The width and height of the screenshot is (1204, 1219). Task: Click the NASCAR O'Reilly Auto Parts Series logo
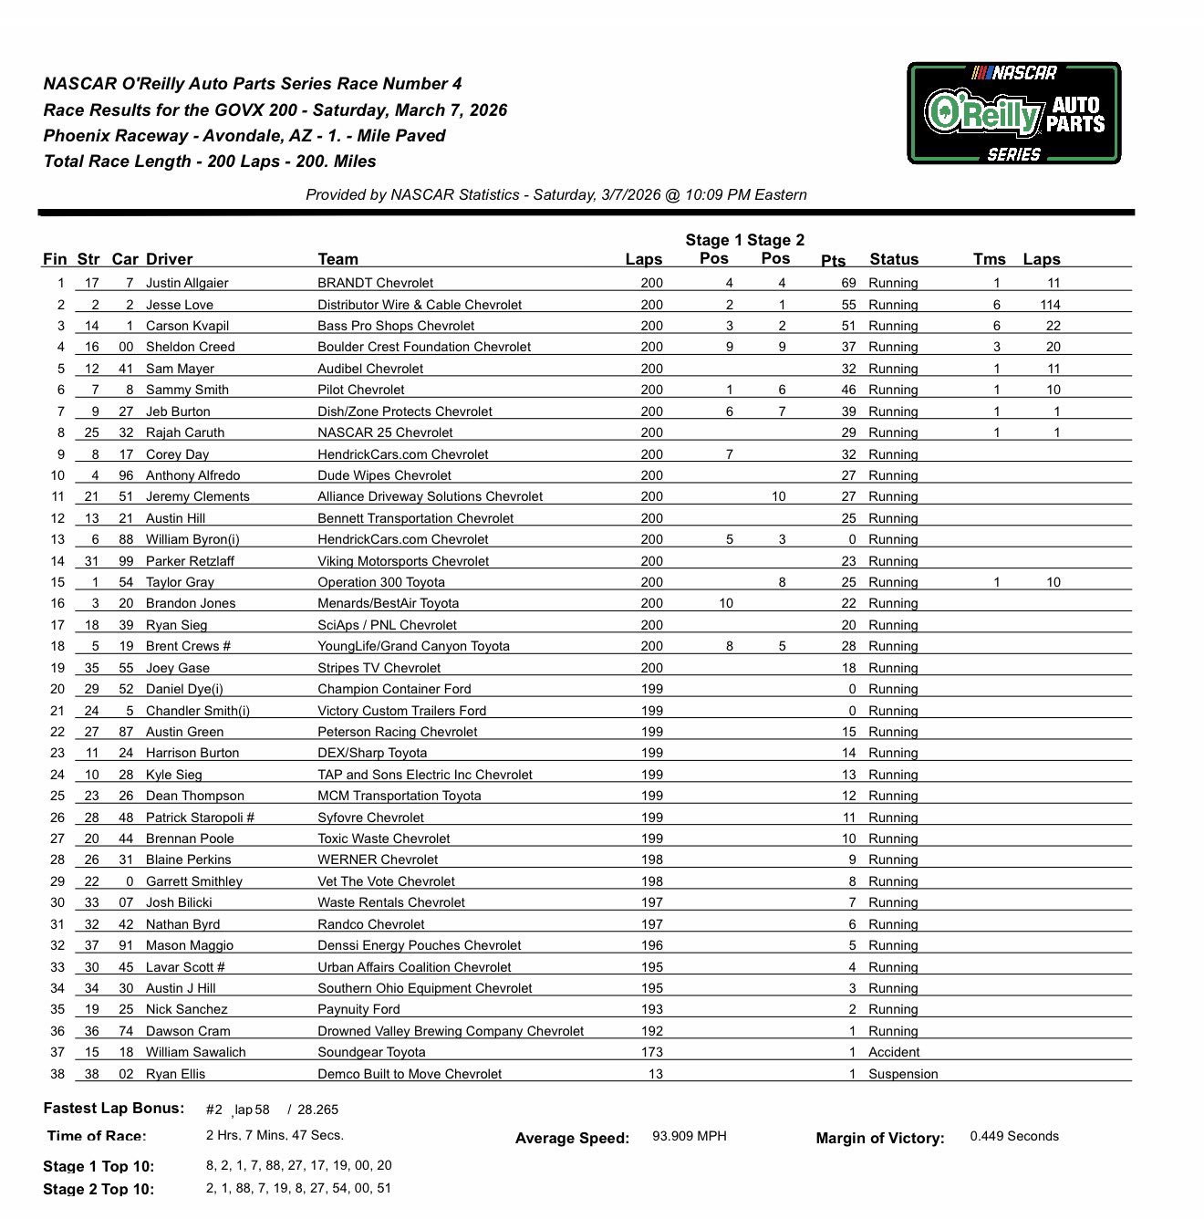point(1013,113)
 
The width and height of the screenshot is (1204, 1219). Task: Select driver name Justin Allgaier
point(187,283)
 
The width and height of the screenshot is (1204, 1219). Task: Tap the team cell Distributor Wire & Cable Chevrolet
point(420,305)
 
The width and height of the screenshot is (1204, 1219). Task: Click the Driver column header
point(169,259)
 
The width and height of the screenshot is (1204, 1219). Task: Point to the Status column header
point(893,259)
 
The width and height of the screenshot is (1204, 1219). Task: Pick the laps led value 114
point(1050,305)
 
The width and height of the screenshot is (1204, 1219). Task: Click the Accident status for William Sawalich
point(893,1052)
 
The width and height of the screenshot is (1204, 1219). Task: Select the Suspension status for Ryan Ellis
point(902,1074)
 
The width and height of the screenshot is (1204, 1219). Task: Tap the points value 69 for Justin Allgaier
point(848,283)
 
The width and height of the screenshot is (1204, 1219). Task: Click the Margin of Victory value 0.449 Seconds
point(1013,1136)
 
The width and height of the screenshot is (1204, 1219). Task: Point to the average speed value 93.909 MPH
point(690,1136)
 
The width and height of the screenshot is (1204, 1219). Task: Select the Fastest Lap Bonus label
point(114,1109)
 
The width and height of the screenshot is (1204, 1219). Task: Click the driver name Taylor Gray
point(180,582)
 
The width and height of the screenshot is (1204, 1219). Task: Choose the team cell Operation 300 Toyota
point(381,582)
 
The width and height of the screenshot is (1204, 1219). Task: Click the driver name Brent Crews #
point(188,646)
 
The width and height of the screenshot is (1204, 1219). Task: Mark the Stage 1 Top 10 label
point(99,1166)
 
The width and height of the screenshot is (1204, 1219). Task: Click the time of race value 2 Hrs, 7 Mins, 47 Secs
point(275,1136)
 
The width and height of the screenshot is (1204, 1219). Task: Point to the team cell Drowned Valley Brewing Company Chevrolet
point(451,1031)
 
